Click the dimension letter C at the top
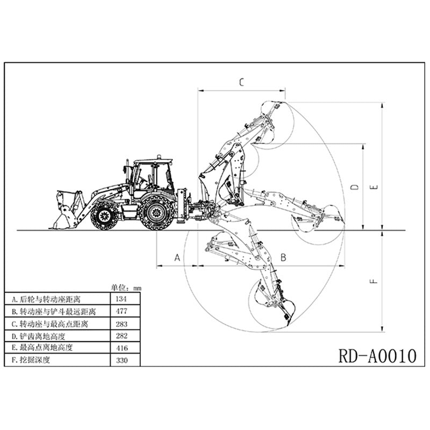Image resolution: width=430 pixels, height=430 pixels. [x=241, y=82]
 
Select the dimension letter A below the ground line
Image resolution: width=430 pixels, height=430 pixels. [x=177, y=257]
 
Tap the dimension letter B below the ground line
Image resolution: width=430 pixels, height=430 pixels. [x=283, y=257]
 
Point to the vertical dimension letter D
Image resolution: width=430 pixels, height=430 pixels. [x=354, y=187]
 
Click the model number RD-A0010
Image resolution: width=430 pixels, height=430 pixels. [x=378, y=355]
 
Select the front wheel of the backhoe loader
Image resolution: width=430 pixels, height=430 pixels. [x=104, y=214]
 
